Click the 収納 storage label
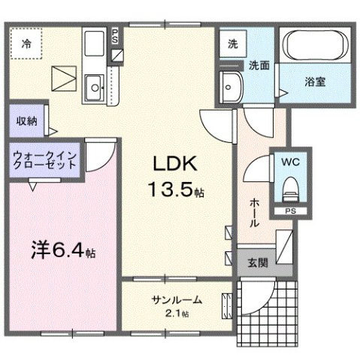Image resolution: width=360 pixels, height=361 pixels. click(24, 120)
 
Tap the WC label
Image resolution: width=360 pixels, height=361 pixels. click(291, 162)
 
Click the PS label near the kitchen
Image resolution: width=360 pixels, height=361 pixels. click(115, 35)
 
